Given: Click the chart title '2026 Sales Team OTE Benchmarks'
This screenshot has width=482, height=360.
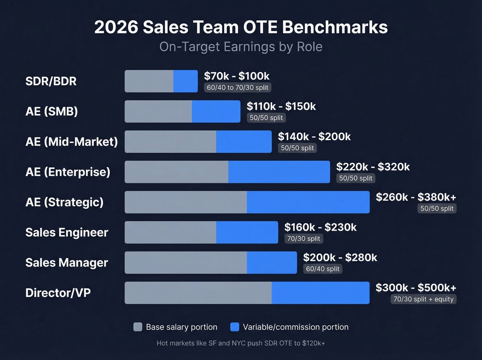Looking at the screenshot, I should pos(241,27).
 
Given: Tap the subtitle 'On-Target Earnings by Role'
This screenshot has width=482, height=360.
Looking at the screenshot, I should pos(241,47).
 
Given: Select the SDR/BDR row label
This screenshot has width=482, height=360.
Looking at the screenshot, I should pos(51,81).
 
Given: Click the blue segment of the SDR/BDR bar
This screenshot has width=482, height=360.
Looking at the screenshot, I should pos(186,81).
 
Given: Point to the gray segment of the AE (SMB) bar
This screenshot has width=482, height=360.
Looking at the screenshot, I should pos(158,111).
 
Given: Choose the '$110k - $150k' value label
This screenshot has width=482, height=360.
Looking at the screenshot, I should pos(281,106).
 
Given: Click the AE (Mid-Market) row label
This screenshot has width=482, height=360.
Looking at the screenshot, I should pos(72,142).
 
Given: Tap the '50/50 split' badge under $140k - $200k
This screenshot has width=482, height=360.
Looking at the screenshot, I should pos(297,148).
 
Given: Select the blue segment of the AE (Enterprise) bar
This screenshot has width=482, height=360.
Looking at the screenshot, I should pos(279,172).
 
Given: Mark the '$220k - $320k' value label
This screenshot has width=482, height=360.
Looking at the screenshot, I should pos(373,167).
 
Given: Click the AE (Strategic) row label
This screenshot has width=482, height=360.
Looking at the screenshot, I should pos(64,202).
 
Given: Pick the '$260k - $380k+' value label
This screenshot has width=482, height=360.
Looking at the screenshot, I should pos(416,197).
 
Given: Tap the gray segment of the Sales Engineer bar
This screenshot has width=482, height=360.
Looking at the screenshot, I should pos(170,232).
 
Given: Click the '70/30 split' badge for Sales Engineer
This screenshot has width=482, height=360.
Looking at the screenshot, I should pos(304,238).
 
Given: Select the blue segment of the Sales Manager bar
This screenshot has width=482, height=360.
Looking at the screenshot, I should pos(272,263).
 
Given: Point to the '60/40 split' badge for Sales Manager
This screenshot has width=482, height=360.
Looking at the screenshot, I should pos(323,269).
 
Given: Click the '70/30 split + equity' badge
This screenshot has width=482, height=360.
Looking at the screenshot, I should pos(423,299).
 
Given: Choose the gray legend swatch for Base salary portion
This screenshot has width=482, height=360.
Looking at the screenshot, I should pos(138,327).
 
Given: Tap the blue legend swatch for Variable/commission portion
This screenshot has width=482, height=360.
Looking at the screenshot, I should pos(235,327).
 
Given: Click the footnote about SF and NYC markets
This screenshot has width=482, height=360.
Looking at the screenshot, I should pos(241,343).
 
